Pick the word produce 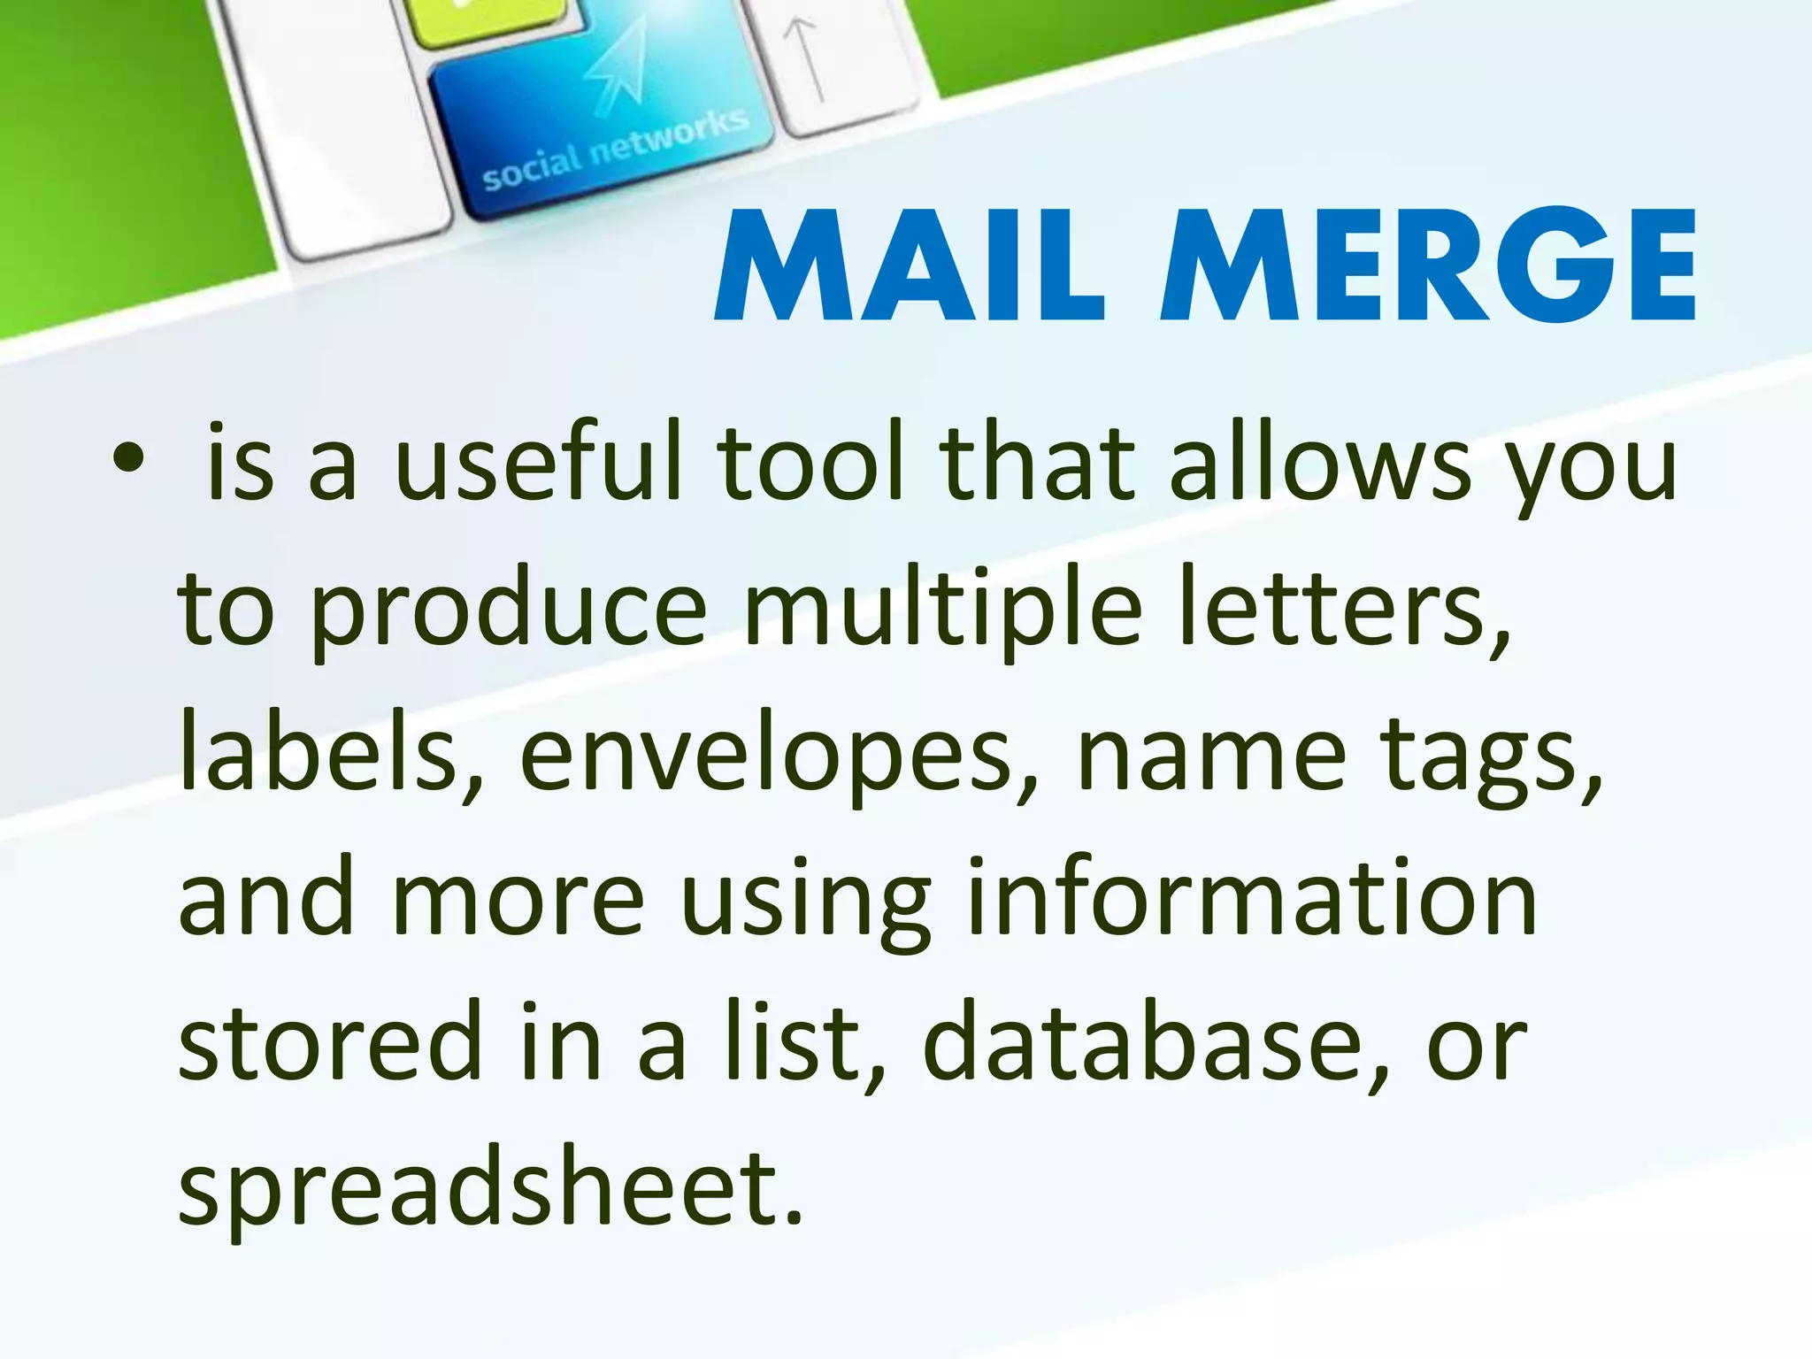click(509, 610)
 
